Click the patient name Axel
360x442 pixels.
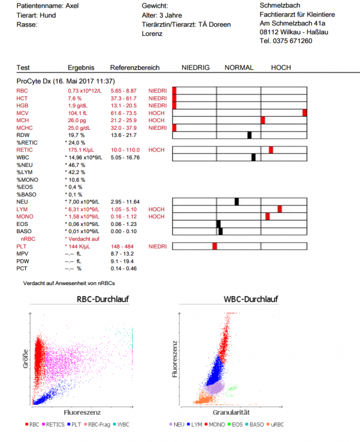pos(74,6)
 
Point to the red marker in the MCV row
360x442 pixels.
pos(305,113)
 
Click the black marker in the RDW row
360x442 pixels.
pos(249,135)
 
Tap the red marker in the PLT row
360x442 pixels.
pos(215,246)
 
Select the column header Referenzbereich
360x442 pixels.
pos(134,68)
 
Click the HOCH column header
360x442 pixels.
pos(281,68)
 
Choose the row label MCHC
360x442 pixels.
pos(25,128)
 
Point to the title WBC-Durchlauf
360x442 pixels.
pos(250,299)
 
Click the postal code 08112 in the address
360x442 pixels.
pos(270,33)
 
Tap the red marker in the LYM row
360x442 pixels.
pos(280,209)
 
